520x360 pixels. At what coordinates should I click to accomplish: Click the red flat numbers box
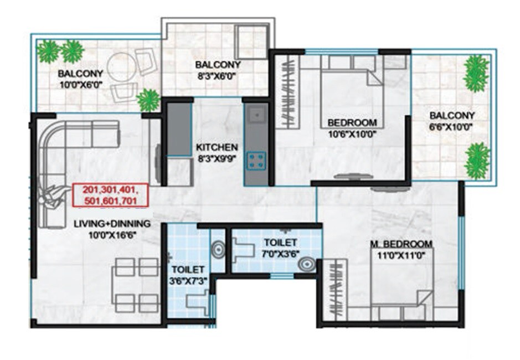[x=111, y=195]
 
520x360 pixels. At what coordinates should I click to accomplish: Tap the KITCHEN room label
[x=217, y=148]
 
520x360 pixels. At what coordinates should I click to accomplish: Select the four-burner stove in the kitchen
[x=255, y=161]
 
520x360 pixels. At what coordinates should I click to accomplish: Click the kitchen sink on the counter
[x=255, y=115]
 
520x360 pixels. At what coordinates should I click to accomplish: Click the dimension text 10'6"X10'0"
[x=352, y=133]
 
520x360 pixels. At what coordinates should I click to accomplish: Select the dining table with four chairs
[x=133, y=285]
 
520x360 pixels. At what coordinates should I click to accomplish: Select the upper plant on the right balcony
[x=476, y=73]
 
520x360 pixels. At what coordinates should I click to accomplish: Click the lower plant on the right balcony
[x=477, y=160]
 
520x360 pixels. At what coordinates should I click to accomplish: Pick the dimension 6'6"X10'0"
[x=452, y=127]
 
